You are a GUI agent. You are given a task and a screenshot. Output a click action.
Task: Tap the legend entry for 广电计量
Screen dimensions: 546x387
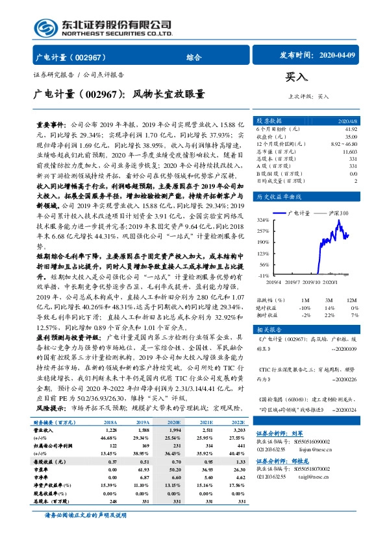click(305, 213)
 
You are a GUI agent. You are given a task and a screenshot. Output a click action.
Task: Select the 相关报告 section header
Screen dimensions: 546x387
click(268, 329)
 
